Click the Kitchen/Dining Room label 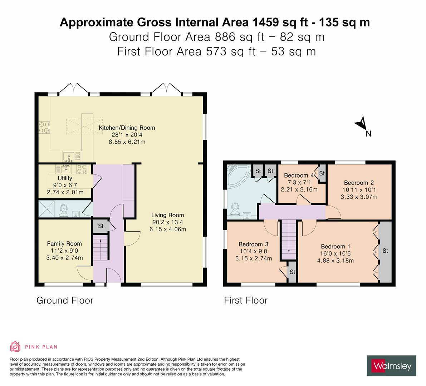click(127, 128)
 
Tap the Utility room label click(65, 178)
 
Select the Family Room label click(64, 244)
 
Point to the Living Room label click(167, 215)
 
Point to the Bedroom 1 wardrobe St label click(385, 251)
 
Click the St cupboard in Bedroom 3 click(292, 272)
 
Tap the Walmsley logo click(392, 366)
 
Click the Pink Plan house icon click(15, 346)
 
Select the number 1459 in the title click(266, 22)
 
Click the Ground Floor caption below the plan click(65, 301)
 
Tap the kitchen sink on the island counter click(71, 156)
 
